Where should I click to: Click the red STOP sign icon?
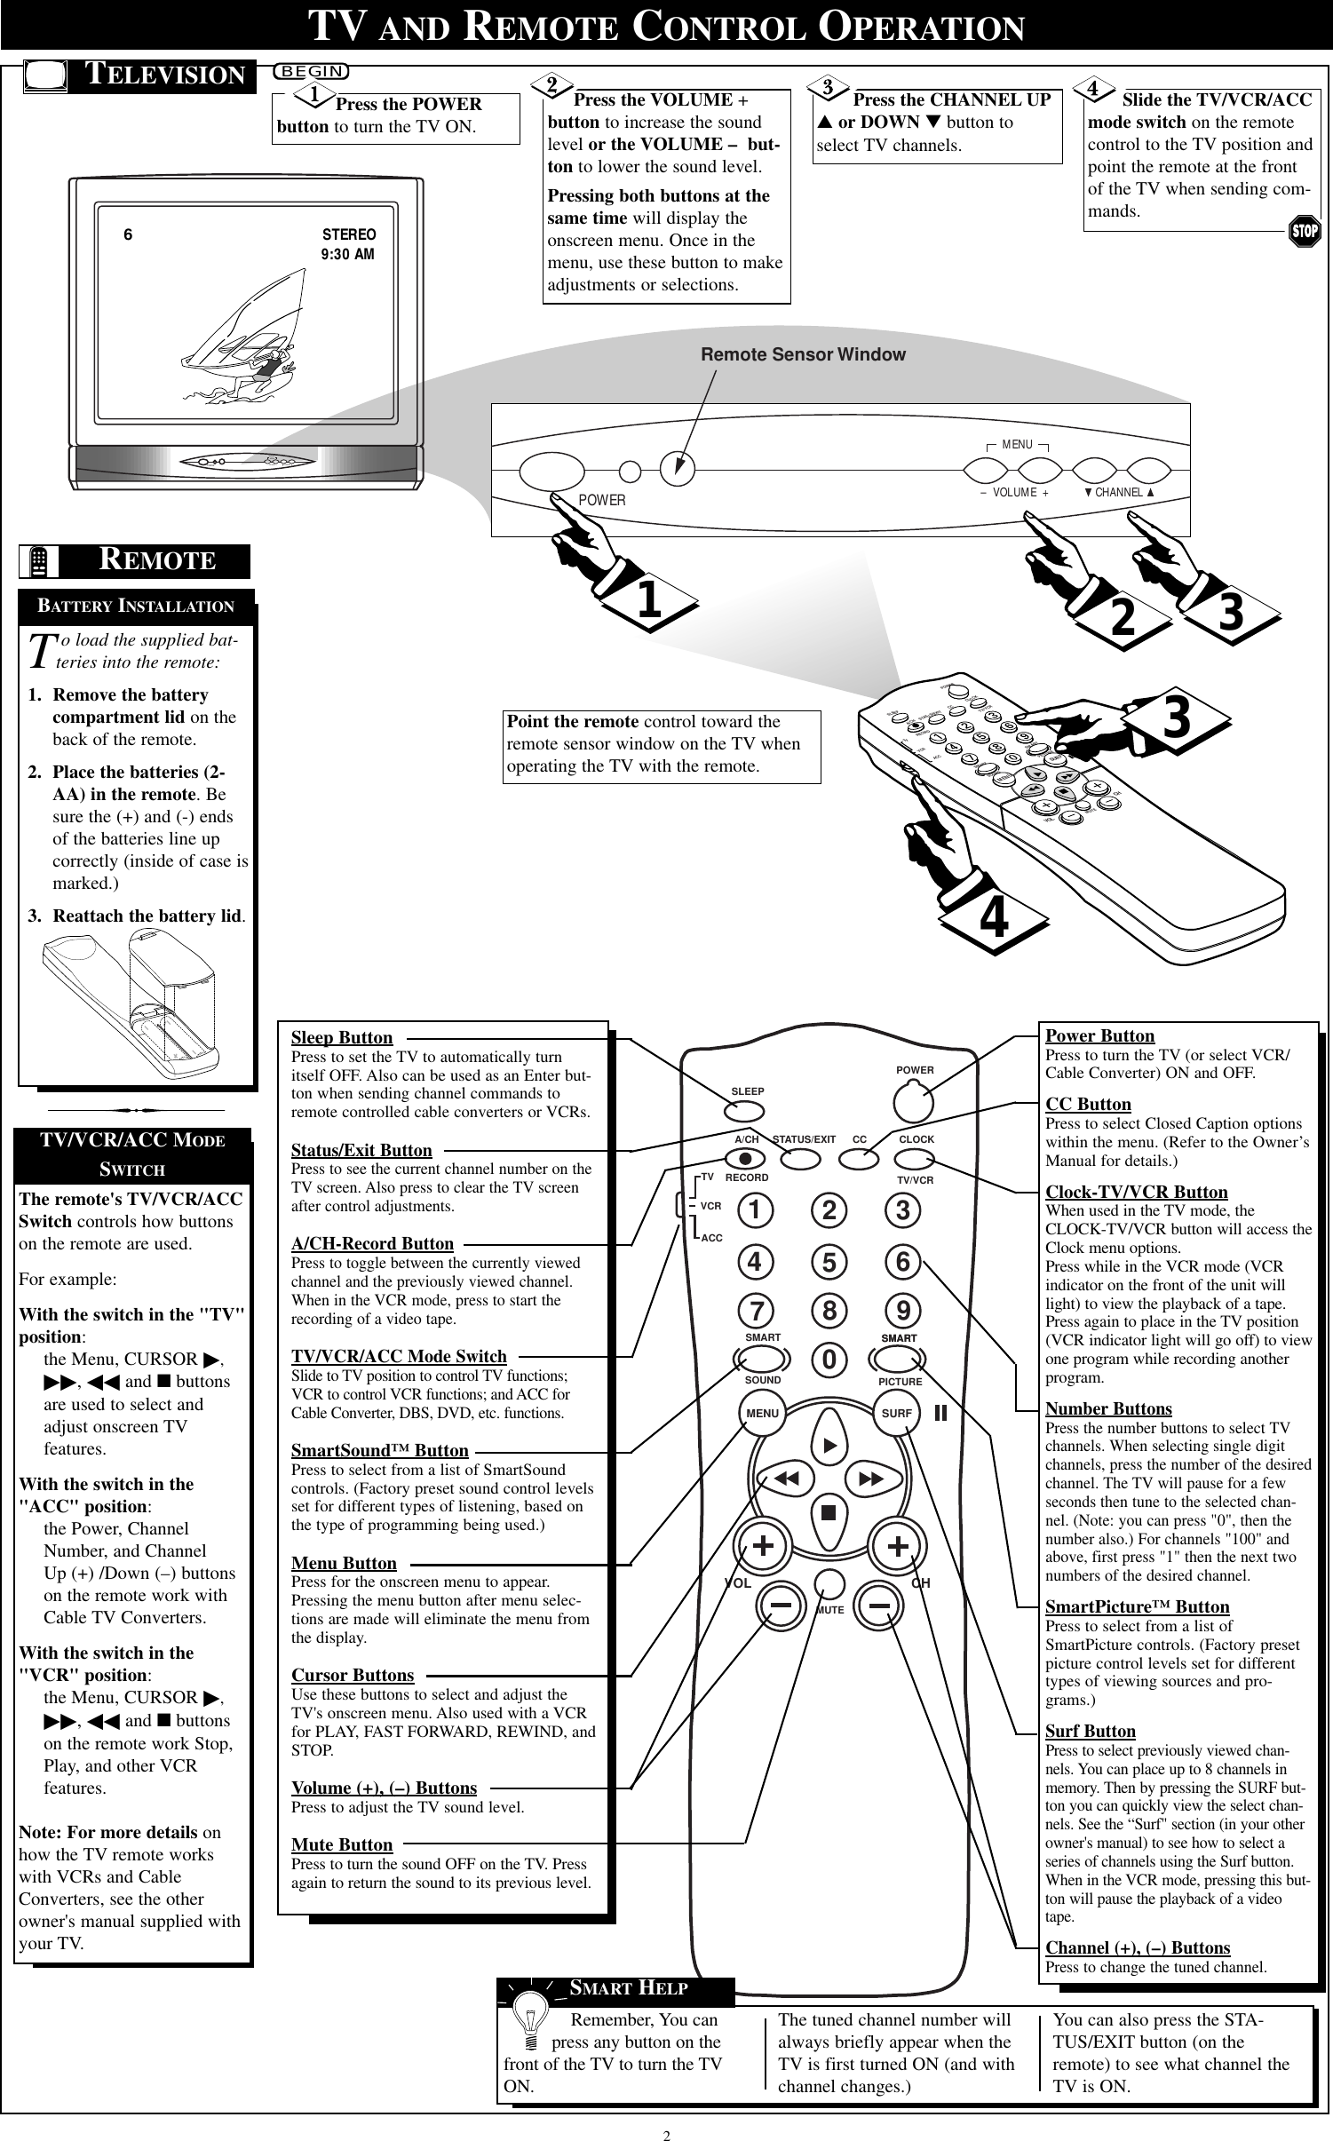coord(1304,231)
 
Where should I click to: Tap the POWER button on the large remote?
coord(915,1102)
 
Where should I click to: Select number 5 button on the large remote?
coord(829,1261)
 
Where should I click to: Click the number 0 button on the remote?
coord(829,1360)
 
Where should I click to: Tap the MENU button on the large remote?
coord(762,1413)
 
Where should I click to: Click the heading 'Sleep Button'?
coord(342,1037)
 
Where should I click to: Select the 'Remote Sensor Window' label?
coord(803,354)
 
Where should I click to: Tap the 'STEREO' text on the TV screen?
coord(348,234)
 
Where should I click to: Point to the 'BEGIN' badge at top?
coord(311,70)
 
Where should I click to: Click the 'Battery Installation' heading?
coord(135,607)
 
